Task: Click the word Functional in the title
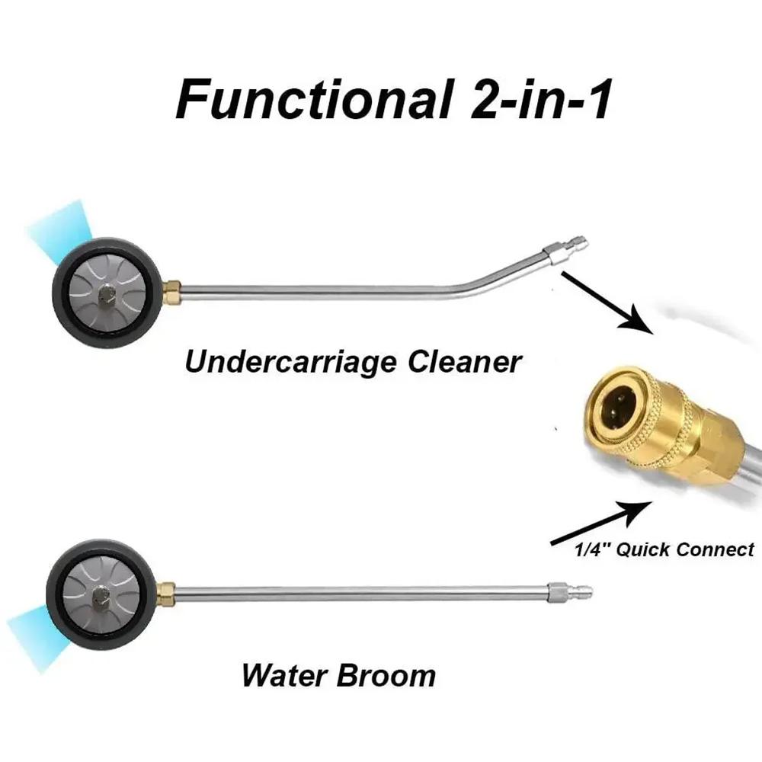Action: click(312, 100)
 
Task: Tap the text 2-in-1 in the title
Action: click(540, 100)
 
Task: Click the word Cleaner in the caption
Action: click(464, 362)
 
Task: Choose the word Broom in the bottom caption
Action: click(386, 675)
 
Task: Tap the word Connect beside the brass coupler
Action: click(715, 549)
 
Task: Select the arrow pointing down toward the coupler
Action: click(607, 302)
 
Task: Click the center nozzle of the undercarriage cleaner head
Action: click(105, 294)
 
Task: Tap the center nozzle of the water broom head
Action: click(100, 595)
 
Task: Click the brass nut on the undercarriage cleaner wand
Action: click(171, 293)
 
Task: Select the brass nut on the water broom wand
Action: click(167, 594)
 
